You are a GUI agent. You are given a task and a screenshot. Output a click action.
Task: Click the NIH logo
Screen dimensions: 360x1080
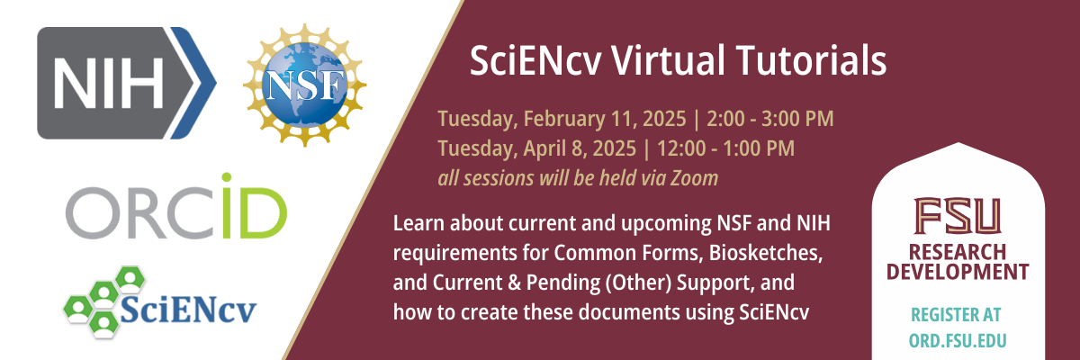(x=126, y=83)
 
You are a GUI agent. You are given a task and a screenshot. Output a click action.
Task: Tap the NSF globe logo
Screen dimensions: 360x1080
(x=306, y=85)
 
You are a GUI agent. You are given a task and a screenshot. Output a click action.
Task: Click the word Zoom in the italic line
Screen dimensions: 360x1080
(x=697, y=177)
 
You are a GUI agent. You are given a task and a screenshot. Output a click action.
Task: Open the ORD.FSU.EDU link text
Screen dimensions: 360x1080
(x=958, y=340)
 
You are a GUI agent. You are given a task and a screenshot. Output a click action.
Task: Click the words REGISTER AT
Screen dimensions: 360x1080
(x=958, y=315)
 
